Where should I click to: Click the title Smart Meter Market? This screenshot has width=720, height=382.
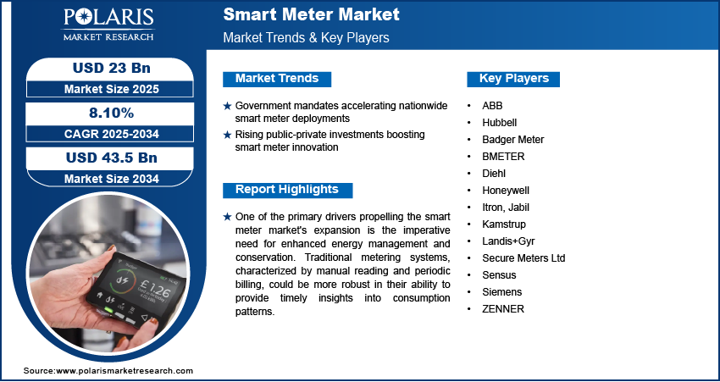(x=311, y=15)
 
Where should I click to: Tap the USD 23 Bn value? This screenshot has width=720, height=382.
(x=104, y=68)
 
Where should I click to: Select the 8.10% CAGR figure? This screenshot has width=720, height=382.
(x=104, y=113)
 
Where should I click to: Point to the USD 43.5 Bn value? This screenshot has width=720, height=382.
(x=104, y=158)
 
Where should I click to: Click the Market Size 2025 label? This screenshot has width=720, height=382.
(x=104, y=88)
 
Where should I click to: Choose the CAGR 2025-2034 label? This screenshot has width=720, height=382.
(x=104, y=133)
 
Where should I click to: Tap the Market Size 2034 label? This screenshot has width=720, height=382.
(x=104, y=178)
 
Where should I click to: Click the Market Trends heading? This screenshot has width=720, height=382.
(x=277, y=79)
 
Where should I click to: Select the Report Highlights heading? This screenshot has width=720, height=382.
(x=286, y=190)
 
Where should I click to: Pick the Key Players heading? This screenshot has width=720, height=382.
(x=513, y=79)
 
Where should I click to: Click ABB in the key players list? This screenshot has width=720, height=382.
(x=492, y=106)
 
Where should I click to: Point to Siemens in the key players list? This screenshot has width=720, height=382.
(x=502, y=292)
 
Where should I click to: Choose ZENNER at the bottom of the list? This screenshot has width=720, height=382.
(x=503, y=309)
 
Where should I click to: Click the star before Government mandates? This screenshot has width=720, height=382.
(x=227, y=107)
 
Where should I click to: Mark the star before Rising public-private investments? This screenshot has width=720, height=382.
(x=227, y=136)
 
